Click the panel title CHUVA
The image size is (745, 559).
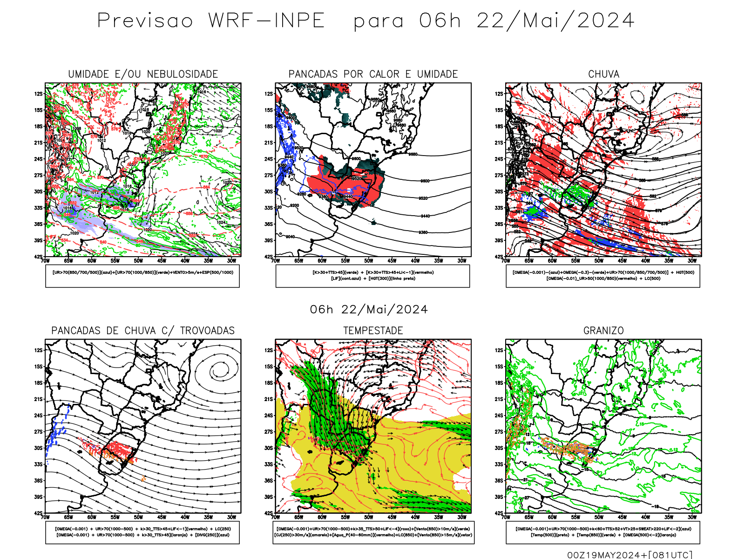coord(603,74)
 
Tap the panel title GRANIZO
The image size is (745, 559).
coord(603,331)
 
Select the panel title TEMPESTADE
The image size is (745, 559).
coord(373,331)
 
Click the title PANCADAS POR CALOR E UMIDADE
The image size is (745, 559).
coord(373,74)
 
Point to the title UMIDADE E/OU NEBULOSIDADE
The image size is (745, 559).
coord(143,74)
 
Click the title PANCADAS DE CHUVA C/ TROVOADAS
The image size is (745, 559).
coord(143,331)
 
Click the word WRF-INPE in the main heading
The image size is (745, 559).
coord(266,21)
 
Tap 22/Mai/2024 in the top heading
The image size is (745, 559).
coord(555,21)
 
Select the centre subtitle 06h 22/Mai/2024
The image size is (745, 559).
coord(369,309)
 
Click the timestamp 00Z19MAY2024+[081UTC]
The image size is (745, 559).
coord(630,554)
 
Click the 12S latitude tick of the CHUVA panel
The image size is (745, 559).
coord(499,94)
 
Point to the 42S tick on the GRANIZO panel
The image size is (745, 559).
coord(499,513)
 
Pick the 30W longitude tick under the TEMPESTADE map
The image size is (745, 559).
coord(462,517)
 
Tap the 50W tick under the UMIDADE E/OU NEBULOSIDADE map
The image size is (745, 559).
coord(138,261)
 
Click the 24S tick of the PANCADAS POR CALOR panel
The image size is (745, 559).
coord(269,159)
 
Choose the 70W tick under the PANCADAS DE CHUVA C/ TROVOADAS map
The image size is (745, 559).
coord(45,517)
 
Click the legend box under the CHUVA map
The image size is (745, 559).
coord(603,276)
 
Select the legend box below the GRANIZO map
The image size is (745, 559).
coord(603,532)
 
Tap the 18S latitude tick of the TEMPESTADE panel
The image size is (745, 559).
coord(269,383)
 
